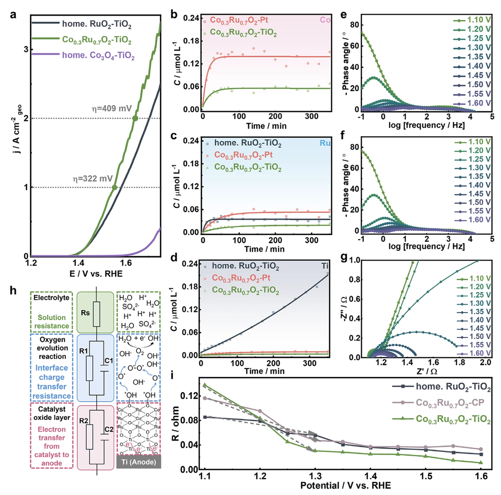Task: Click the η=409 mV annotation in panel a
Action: tap(112, 109)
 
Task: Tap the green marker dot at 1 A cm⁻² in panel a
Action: tap(114, 188)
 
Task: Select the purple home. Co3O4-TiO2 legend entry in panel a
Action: tap(98, 55)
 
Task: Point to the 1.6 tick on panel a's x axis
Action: tap(126, 263)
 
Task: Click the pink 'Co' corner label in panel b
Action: tap(325, 20)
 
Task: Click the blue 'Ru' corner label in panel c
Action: tap(325, 143)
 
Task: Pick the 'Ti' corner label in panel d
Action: tap(325, 266)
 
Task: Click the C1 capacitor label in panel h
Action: tap(109, 360)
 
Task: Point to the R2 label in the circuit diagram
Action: tap(84, 421)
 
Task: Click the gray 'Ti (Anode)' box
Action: tap(139, 462)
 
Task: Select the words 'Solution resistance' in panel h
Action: tap(52, 322)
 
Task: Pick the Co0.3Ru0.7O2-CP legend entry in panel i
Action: tap(450, 402)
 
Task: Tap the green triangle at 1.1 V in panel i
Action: tap(205, 385)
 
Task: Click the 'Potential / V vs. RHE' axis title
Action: tap(345, 486)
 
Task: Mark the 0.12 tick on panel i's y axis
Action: tap(188, 396)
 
